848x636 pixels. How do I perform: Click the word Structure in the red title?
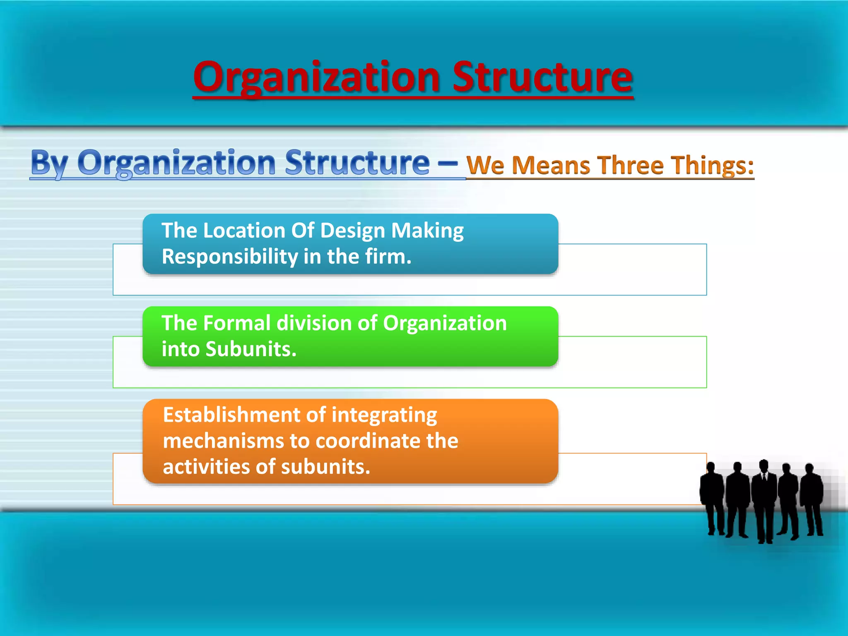(x=542, y=77)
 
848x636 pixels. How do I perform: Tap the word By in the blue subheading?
(x=49, y=163)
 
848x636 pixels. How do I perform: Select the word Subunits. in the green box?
(x=251, y=349)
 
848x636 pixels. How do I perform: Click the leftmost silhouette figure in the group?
(x=711, y=497)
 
